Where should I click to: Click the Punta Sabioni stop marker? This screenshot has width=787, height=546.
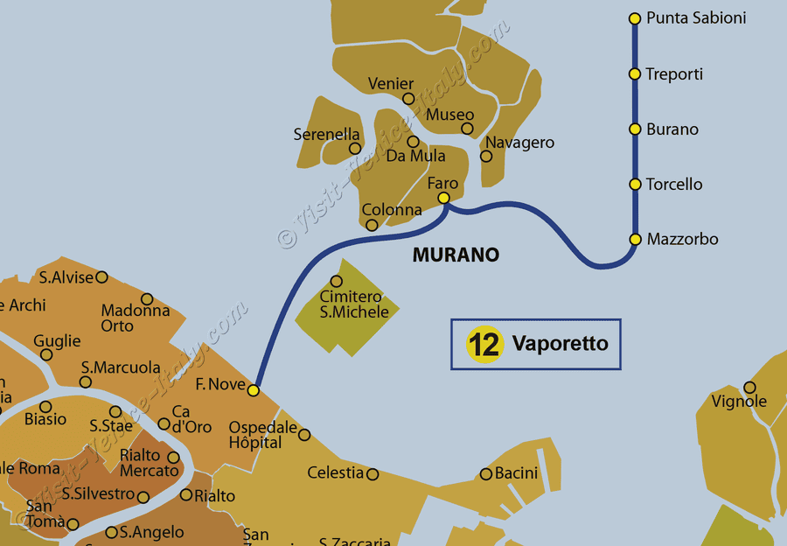pos(635,17)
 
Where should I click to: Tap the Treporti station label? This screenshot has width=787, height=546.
pos(674,74)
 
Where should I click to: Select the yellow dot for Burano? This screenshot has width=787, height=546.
pos(635,129)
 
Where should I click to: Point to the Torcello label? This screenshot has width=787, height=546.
pos(674,185)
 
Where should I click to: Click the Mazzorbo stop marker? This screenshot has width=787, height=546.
pos(635,239)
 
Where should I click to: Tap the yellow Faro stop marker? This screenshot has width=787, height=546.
pos(444,198)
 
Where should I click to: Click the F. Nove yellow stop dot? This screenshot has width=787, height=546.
pos(254,390)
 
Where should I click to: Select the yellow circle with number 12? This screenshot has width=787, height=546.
pos(484,344)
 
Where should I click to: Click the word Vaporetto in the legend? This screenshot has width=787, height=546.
pos(560,343)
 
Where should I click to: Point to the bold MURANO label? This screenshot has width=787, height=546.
pos(456,255)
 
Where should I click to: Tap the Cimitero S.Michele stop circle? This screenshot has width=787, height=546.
pos(337,281)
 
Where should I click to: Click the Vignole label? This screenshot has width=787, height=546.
pos(739,402)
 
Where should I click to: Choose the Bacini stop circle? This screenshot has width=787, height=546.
pos(486,474)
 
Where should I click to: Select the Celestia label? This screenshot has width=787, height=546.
pos(335,473)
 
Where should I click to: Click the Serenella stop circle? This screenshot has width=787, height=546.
pos(355,149)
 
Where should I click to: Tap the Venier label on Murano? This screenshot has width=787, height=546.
pos(391,84)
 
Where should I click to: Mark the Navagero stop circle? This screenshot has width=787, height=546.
pos(486,157)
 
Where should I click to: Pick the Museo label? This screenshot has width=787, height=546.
pos(449,115)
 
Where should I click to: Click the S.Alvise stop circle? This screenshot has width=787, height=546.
pos(101,277)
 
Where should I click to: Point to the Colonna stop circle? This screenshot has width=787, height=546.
pos(372,225)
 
